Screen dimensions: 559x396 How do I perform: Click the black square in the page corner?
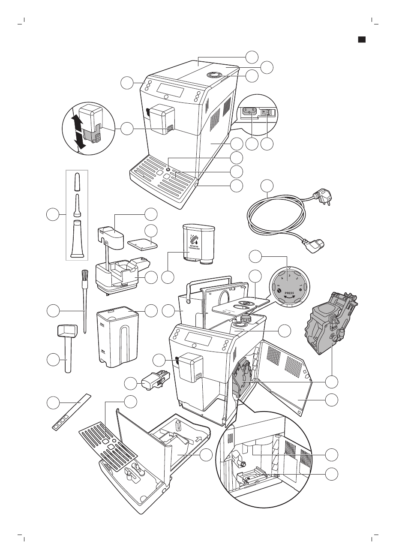(361, 40)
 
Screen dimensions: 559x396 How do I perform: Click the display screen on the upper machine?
(171, 89)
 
